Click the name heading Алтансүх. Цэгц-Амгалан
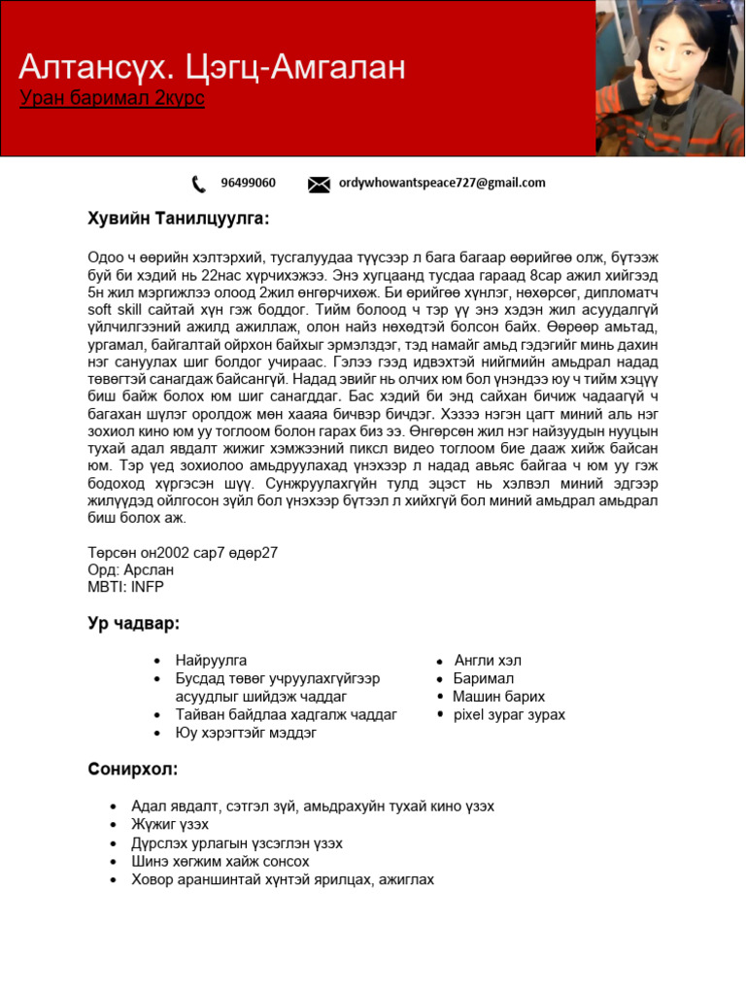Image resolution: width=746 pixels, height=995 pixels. (x=212, y=67)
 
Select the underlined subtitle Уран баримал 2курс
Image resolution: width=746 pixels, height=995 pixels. (x=112, y=99)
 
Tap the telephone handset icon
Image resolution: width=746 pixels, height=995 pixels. (x=199, y=184)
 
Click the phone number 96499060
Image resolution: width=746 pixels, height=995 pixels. (x=248, y=183)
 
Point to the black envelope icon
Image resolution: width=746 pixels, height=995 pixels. (x=319, y=184)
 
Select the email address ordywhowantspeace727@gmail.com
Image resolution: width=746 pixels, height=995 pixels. (x=442, y=183)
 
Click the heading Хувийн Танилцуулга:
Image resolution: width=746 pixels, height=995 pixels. (x=178, y=219)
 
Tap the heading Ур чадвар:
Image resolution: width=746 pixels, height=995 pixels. (x=133, y=623)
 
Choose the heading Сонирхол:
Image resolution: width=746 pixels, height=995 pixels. (x=132, y=770)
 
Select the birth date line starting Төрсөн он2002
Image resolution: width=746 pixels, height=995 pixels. (x=183, y=553)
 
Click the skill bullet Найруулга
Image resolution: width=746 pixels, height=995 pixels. (x=211, y=661)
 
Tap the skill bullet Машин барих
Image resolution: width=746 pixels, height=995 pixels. (x=498, y=697)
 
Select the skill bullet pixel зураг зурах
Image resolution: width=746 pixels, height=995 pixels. (x=509, y=714)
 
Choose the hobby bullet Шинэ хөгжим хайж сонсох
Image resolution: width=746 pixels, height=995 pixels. (x=220, y=861)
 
